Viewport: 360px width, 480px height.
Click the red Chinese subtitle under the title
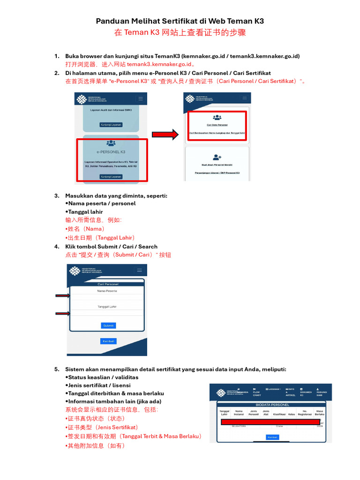180,33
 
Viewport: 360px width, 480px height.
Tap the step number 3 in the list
57,196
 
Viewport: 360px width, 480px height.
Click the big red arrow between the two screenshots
166,135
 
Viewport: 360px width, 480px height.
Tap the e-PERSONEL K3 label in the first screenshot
111,152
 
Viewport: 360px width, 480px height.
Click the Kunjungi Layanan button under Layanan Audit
111,125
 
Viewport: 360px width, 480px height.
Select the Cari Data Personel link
217,125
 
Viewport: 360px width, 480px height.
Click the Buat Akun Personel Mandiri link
217,165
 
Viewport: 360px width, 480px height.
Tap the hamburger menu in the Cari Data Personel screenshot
244,98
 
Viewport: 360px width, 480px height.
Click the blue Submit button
108,325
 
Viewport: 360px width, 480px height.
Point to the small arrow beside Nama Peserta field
62,296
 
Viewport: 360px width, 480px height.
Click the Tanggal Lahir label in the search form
107,307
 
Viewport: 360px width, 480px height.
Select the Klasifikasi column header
279,414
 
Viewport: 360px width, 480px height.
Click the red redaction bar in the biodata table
270,422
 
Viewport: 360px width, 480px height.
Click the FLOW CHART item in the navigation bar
256,393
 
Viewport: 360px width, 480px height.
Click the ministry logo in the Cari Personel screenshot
75,271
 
